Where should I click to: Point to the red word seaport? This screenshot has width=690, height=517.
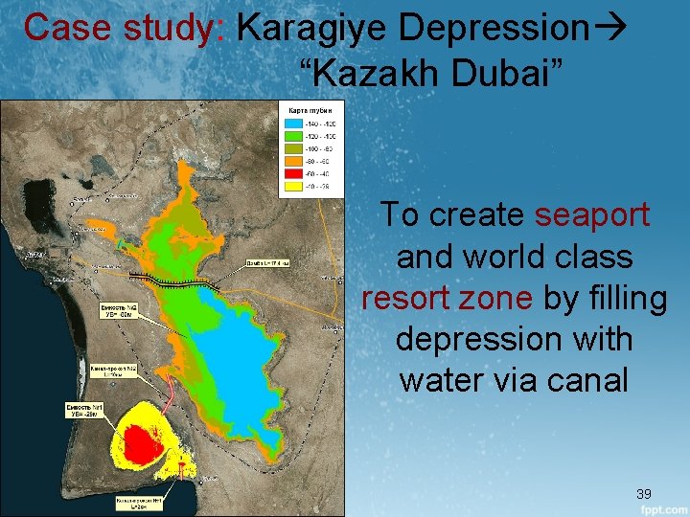pos(592,214)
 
